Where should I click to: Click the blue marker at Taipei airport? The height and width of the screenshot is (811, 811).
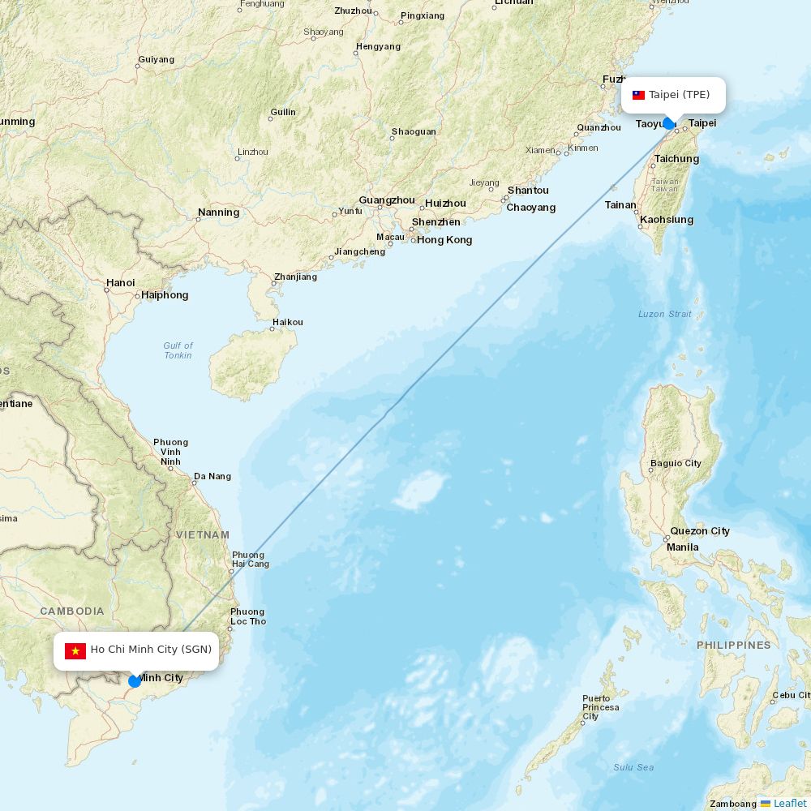668,123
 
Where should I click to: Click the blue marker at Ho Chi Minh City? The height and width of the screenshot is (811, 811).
135,681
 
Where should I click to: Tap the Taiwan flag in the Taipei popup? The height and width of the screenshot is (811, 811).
639,95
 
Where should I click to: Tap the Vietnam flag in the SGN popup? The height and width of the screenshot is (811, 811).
75,650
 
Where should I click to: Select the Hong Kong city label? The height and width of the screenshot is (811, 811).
444,240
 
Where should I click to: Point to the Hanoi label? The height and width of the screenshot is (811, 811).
120,283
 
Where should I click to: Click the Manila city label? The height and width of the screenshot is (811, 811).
682,547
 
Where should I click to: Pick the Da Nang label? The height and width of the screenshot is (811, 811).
212,477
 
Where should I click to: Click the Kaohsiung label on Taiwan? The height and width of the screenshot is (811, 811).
667,220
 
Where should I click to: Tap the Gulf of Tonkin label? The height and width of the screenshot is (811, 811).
178,350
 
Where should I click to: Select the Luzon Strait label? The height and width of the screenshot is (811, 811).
665,314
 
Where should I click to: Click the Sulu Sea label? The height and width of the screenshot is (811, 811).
633,767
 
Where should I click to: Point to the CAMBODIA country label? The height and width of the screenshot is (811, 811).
72,611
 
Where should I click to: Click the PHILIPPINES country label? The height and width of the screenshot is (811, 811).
733,646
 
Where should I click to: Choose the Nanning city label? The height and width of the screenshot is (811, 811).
218,212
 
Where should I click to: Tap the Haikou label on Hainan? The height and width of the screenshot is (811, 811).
288,322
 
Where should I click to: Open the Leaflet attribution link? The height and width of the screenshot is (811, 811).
789,803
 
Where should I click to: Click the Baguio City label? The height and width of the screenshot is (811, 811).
676,464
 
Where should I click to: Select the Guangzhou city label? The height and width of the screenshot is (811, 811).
387,200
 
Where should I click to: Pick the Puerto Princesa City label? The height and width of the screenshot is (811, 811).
600,707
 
